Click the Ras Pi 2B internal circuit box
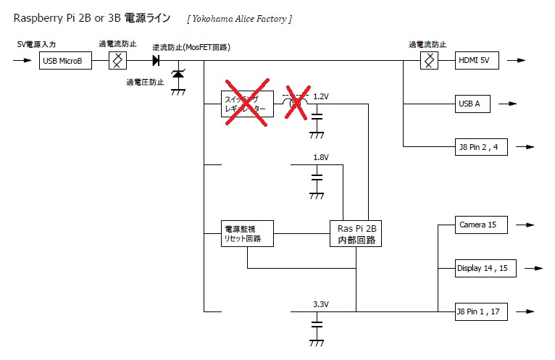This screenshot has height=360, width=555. pos(356,233)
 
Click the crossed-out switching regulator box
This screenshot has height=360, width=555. pos(246,104)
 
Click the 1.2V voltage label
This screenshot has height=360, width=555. pos(321,96)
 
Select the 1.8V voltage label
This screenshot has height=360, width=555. pos(321,157)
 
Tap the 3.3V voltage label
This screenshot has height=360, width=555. pos(321,304)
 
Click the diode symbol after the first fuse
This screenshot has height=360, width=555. pos(156,62)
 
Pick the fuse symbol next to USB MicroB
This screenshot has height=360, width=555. pos(115,62)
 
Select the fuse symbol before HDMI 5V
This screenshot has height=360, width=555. pos(430,62)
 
